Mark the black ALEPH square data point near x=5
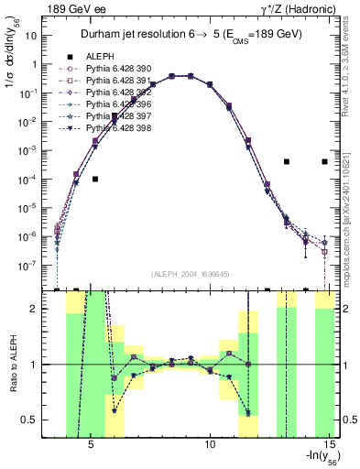95,179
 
